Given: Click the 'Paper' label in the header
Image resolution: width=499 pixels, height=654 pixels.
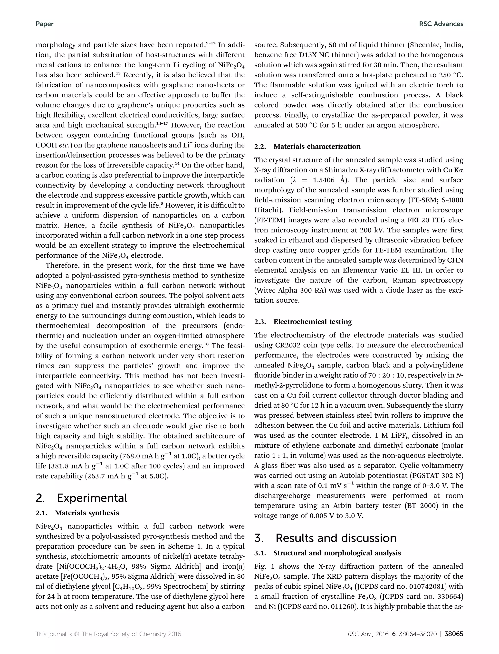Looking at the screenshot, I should pos(45,24).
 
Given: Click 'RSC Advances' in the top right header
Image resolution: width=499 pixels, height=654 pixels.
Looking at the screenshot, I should pos(441,24).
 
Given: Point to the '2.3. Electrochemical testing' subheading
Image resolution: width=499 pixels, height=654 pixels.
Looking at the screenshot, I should pos(303,322).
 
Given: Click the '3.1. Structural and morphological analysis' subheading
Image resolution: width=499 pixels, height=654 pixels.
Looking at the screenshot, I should pos(327,553).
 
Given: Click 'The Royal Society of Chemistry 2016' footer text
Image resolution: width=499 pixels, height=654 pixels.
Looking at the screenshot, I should pos(131,634).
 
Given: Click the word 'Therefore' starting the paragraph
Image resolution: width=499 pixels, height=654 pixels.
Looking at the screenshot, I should pos(61,266).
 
